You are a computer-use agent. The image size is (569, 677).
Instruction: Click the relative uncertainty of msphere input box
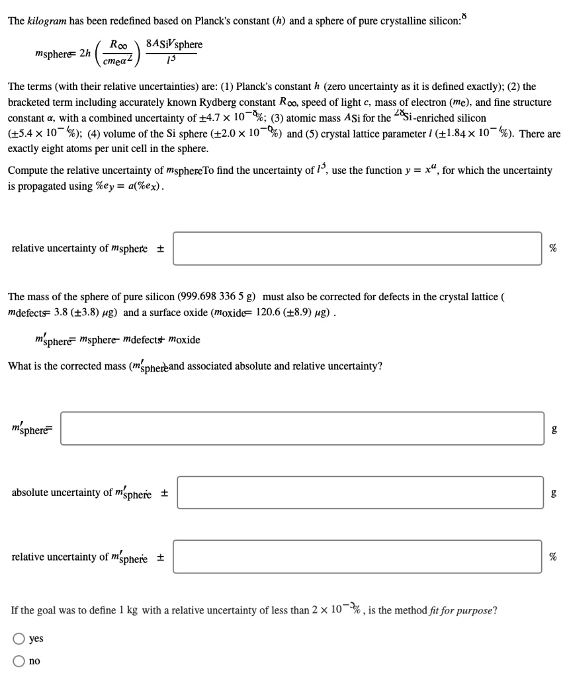358,248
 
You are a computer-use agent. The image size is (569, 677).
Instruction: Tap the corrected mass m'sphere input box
311,428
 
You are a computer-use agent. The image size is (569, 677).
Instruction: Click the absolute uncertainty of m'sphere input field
360,493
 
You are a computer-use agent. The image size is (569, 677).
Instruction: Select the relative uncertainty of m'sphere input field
358,557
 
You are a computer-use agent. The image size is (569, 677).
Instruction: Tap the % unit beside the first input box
553,248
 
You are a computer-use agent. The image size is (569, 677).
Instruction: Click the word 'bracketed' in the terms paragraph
32,102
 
